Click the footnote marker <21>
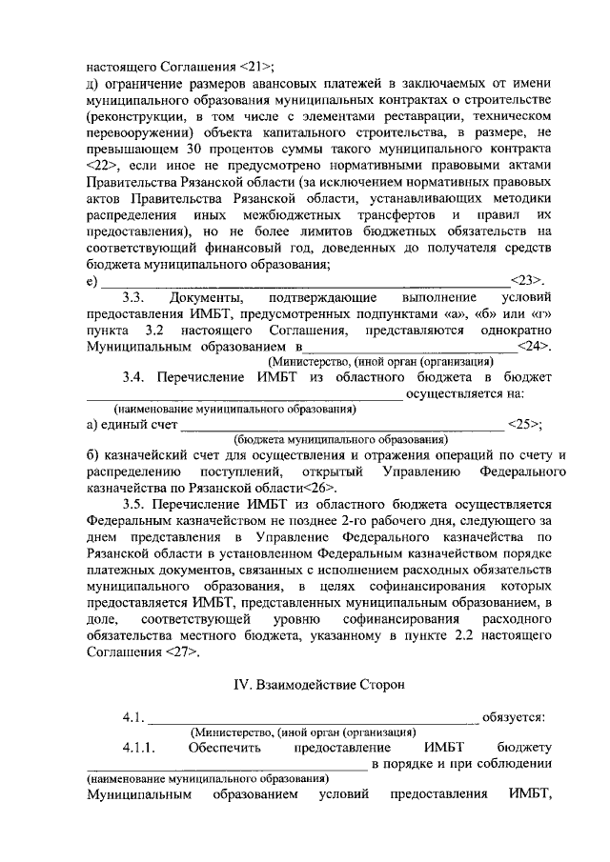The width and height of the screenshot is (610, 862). pos(254,67)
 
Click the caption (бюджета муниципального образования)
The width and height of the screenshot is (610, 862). pos(340,440)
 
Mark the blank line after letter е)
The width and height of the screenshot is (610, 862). pos(305,282)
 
